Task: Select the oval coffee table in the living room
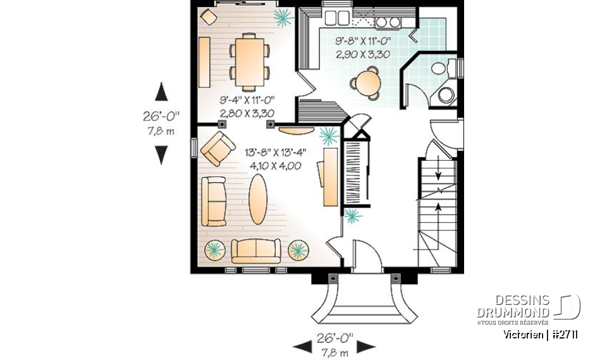pyautogui.click(x=258, y=199)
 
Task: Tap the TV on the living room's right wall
pyautogui.click(x=331, y=176)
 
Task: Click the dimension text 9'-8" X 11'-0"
pyautogui.click(x=363, y=41)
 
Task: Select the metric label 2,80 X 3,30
pyautogui.click(x=247, y=113)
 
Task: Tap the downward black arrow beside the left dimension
pyautogui.click(x=162, y=154)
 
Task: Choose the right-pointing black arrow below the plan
pyautogui.click(x=366, y=346)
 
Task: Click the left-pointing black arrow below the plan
pyautogui.click(x=302, y=346)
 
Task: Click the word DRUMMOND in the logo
pyautogui.click(x=512, y=313)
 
